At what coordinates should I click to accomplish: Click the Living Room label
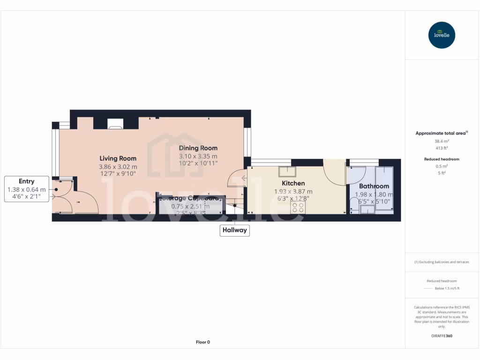tap(118, 158)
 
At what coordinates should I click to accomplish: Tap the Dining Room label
tap(198, 148)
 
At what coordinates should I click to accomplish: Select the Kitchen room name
tap(293, 183)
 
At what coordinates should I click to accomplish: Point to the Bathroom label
tap(374, 186)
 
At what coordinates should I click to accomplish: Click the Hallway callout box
tap(234, 230)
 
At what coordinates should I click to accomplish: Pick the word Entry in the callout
tap(26, 181)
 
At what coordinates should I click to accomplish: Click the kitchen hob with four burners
tap(298, 208)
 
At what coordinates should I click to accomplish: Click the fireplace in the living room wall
tap(115, 124)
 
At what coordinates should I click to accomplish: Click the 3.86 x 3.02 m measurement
tap(118, 167)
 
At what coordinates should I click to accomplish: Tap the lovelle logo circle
tap(442, 35)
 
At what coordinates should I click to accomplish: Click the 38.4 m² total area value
tap(441, 141)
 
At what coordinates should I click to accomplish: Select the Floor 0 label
tap(202, 342)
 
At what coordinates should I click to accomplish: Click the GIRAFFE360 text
tap(441, 336)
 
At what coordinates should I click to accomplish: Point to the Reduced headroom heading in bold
tap(441, 159)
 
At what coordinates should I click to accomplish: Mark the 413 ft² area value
tap(441, 148)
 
